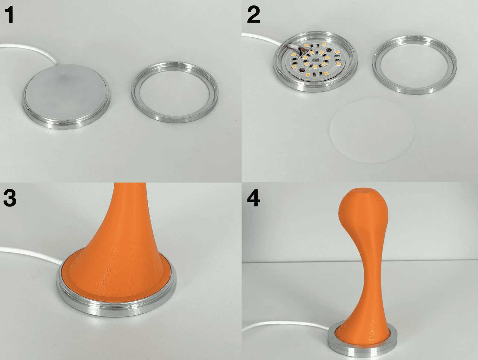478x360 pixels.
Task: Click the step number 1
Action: (9, 15)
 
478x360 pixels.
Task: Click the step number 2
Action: (253, 15)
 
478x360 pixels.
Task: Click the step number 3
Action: (10, 198)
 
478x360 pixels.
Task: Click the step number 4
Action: (253, 198)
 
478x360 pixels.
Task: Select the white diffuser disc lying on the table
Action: (372, 131)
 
